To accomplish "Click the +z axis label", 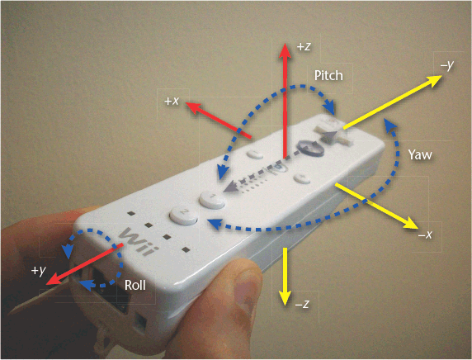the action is click(304, 47).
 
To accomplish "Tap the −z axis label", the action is click(302, 304).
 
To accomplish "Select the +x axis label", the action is click(172, 101).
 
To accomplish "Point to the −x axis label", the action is click(425, 234).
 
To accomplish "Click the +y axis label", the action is click(39, 270).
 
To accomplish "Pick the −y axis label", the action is click(447, 65).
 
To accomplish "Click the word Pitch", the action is click(328, 75).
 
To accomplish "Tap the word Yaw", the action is click(420, 154).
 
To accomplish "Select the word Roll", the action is click(135, 285).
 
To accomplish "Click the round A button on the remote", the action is click(310, 149).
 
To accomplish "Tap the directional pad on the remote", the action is click(332, 133).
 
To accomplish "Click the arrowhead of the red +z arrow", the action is click(285, 50).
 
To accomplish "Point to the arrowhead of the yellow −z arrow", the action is click(285, 298).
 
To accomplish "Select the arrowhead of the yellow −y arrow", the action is click(434, 80).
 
